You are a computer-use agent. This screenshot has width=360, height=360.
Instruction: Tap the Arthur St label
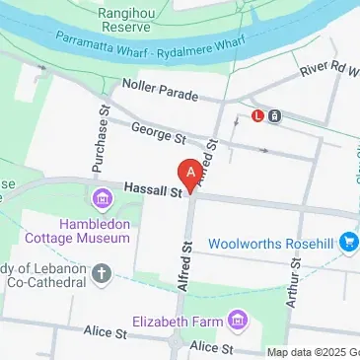pos(293,285)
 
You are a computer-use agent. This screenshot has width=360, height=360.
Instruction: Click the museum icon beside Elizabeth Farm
pos(236,321)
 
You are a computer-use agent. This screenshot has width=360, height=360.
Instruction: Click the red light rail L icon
pos(257,115)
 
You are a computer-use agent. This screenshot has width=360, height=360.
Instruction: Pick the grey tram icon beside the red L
pos(274,115)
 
